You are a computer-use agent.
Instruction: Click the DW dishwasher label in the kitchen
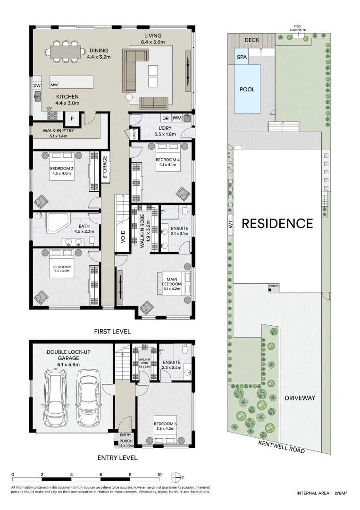37,85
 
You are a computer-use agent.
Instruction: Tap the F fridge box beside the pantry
72,119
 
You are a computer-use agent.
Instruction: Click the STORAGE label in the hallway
105,168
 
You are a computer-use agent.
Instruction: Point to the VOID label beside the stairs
123,237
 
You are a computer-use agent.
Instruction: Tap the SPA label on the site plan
242,57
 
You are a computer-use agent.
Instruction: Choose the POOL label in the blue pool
247,89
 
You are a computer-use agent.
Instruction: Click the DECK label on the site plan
252,40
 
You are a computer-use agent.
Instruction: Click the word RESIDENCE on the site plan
277,223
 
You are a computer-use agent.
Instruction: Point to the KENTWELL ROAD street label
282,446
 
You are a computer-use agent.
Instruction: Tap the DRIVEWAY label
300,398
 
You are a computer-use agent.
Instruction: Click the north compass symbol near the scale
176,477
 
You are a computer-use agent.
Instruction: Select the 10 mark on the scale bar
159,475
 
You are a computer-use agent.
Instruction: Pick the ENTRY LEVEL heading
117,458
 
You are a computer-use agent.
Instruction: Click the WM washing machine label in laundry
177,118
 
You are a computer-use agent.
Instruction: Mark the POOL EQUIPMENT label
298,28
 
